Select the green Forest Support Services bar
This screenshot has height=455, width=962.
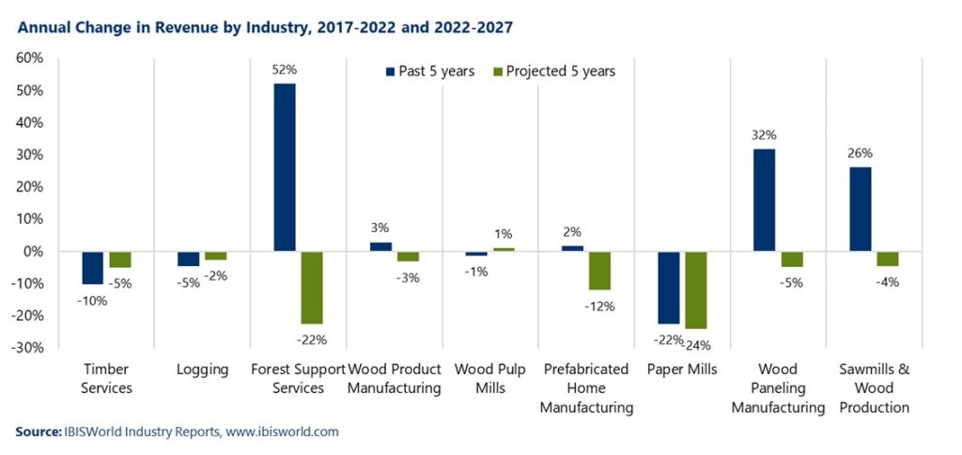(311, 287)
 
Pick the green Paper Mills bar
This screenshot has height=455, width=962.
(696, 290)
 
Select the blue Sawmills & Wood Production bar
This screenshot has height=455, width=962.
(860, 209)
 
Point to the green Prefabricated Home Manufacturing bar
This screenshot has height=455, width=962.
(599, 270)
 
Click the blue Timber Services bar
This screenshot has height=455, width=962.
(93, 267)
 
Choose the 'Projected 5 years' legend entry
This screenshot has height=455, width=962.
(553, 71)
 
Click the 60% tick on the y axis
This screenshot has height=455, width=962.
(29, 58)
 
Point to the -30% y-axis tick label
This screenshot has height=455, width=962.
(26, 348)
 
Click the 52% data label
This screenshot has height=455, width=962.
(285, 71)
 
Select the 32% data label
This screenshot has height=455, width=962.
(765, 134)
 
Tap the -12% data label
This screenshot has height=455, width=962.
(598, 306)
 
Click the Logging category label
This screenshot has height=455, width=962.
(202, 369)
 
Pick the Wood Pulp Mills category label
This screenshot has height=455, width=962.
(489, 378)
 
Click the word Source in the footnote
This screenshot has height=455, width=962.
(38, 431)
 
